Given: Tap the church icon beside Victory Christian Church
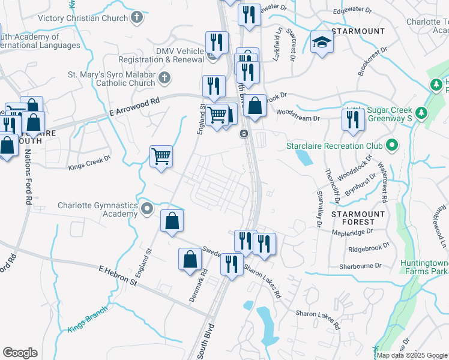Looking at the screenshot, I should pos(137,17).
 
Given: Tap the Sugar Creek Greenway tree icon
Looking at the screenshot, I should pos(421,112).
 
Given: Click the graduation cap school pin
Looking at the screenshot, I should pos(322,42).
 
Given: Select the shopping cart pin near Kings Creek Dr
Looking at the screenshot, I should pos(161,157).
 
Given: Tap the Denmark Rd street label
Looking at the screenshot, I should pos(201,281).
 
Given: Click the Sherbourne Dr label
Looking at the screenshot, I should pos(360,265).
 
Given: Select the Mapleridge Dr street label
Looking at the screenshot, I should pos(352,230).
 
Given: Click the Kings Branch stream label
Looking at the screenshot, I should pos(87,318).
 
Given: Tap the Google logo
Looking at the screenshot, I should pos(20,353).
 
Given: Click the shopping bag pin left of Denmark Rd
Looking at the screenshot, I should pos(190,260).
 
